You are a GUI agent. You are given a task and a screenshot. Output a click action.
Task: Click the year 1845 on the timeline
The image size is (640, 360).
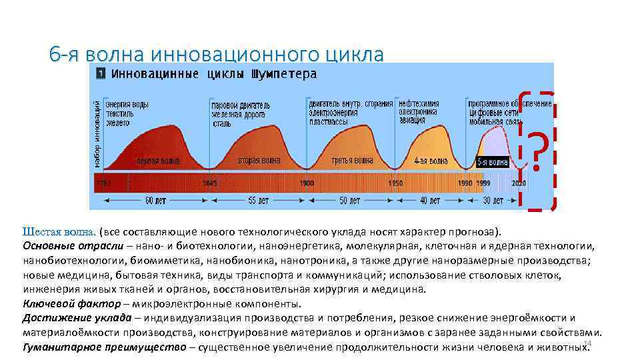click(x=209, y=183)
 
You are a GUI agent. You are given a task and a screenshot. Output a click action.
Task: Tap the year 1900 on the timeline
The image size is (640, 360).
click(x=307, y=183)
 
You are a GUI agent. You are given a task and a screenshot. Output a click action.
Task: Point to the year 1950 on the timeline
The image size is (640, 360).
click(x=396, y=183)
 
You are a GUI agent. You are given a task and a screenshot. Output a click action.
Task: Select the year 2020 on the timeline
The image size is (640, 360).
click(x=518, y=183)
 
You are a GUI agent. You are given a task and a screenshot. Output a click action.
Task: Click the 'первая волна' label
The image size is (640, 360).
click(x=158, y=161)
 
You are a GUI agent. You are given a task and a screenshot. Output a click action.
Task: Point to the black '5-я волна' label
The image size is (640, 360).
click(x=492, y=162)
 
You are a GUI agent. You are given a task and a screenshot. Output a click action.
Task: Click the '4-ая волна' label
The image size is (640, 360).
click(x=430, y=161)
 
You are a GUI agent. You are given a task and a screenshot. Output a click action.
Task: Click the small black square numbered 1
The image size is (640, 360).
click(x=99, y=73)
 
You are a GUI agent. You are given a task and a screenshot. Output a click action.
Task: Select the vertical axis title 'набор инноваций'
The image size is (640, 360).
click(x=97, y=130)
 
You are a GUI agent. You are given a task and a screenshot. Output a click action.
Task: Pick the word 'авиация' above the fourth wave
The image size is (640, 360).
click(x=412, y=121)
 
